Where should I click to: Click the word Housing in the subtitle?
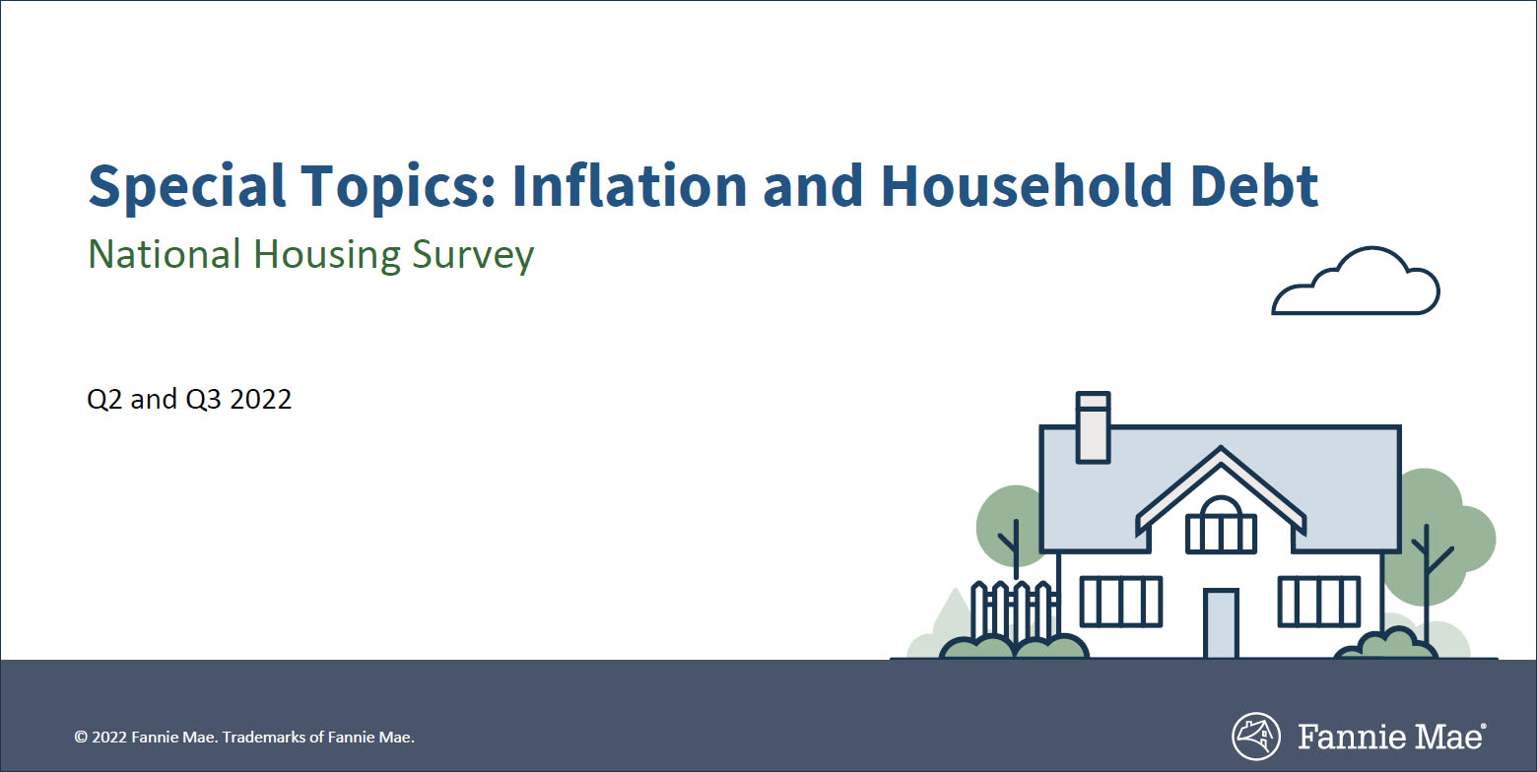click(325, 255)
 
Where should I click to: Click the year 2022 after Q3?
click(261, 400)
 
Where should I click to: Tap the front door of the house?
click(1221, 623)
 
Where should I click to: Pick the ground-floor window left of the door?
click(1121, 601)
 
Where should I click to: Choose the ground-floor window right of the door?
click(1319, 601)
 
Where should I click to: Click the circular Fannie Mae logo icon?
click(1256, 737)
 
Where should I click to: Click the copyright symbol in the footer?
click(81, 737)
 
